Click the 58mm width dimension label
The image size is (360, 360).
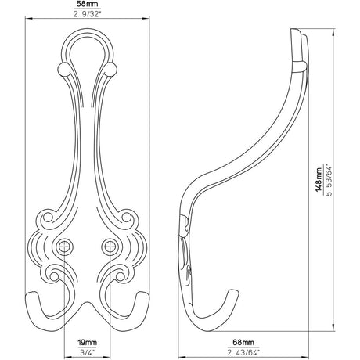pos(87,5)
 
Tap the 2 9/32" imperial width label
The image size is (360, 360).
pos(87,14)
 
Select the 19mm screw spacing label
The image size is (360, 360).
pos(88,342)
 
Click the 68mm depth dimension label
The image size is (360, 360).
pos(243,342)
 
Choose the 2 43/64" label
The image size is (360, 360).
pos(243,352)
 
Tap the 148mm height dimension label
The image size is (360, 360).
pos(319,180)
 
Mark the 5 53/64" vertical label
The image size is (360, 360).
pos(329,180)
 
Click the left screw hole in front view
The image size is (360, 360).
pos(64,246)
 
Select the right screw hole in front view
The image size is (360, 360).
pos(110,246)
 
